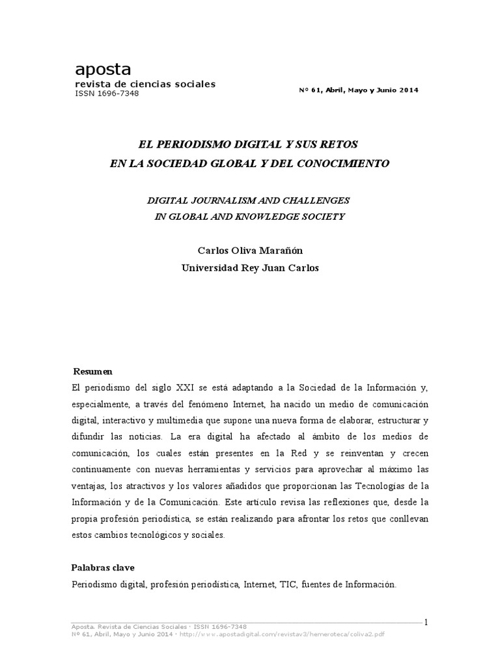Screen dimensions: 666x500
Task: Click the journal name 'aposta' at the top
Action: tap(103, 69)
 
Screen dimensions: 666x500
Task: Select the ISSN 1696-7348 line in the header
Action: tap(107, 93)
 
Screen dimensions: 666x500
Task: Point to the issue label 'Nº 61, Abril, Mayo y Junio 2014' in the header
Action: tap(359, 90)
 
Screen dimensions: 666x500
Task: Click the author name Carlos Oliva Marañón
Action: tap(249, 252)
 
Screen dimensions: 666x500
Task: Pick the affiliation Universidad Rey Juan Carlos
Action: tap(249, 268)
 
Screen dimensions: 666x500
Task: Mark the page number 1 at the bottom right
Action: tap(426, 622)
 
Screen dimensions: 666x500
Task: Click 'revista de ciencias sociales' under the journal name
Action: tap(145, 84)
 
